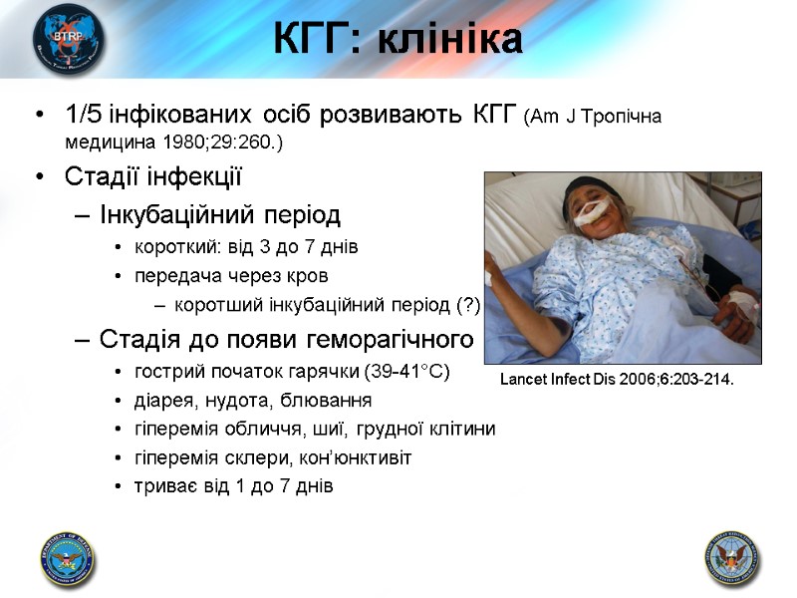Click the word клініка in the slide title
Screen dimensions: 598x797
(x=457, y=41)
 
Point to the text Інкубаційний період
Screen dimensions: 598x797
(x=220, y=214)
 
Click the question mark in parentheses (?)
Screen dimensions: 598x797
(x=466, y=305)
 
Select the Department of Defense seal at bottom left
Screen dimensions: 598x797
(x=69, y=558)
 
